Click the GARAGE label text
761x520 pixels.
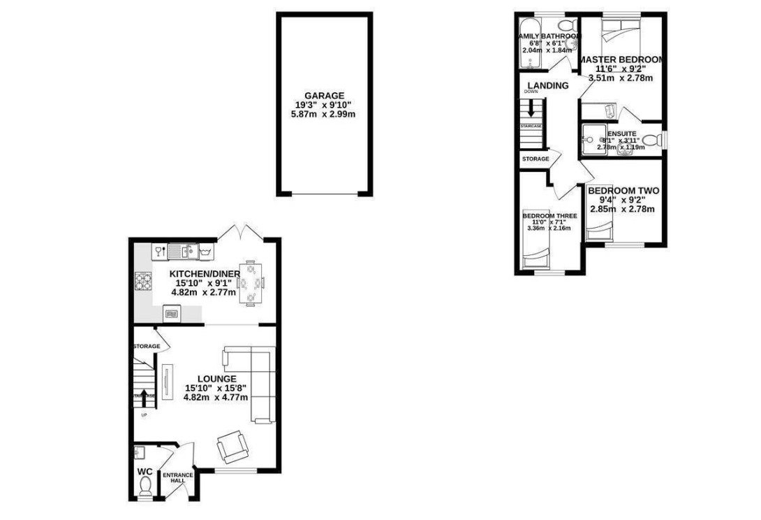[324, 96]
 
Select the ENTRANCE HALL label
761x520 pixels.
[177, 479]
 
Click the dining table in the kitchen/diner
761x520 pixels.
[251, 282]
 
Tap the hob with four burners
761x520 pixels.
[142, 281]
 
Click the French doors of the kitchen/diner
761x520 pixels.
[241, 233]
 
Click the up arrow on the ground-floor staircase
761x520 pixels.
[144, 395]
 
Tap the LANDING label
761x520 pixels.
[547, 86]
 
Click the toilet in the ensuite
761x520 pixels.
[651, 140]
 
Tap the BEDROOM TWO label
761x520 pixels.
[623, 191]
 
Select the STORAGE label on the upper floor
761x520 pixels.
[535, 159]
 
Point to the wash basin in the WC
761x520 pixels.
[139, 451]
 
